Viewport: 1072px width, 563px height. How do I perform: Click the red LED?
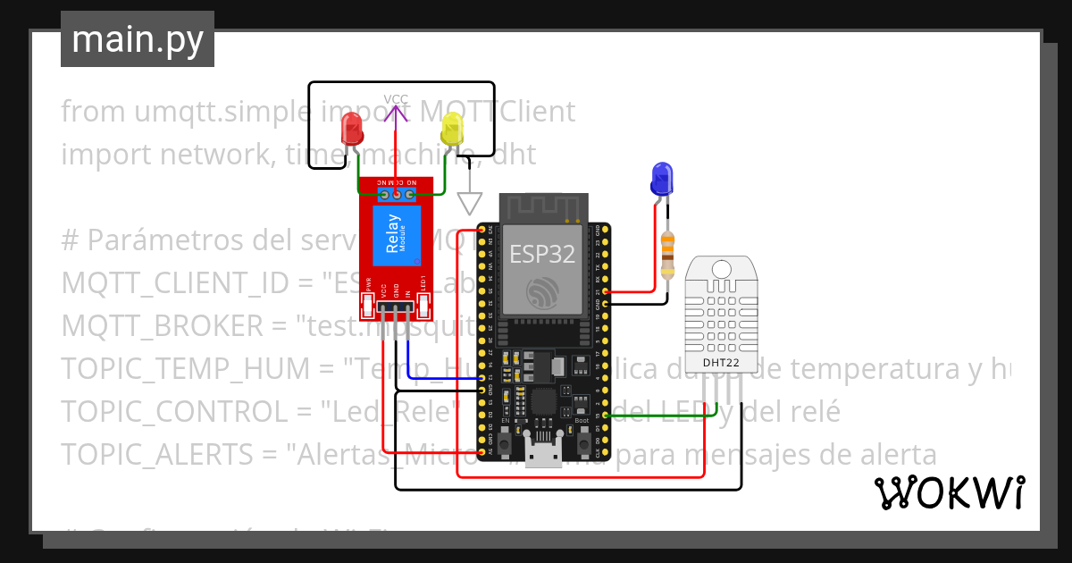pos(352,132)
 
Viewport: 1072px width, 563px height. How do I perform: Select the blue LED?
pos(661,178)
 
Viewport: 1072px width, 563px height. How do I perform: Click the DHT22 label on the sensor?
pos(720,362)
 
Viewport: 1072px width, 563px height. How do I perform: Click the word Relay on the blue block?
pos(393,235)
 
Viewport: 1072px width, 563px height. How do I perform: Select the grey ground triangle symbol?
pos(469,203)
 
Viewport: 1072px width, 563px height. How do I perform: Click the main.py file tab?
pos(138,40)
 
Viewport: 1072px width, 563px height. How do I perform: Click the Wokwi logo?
pos(949,492)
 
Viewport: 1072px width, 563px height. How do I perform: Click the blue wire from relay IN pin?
pos(438,378)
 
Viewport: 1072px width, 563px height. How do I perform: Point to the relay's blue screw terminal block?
pos(397,193)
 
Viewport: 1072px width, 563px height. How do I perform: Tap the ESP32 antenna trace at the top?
pos(542,211)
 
